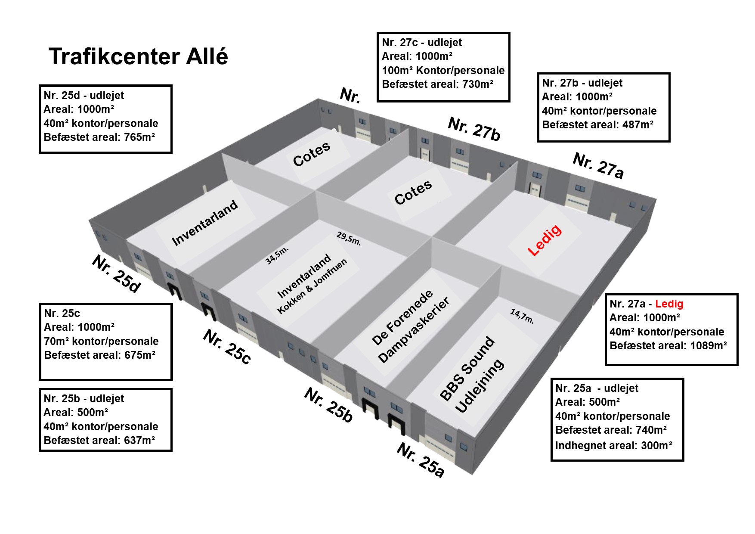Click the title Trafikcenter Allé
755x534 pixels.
(138, 56)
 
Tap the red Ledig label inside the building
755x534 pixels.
(545, 240)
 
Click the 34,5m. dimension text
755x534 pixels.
(276, 255)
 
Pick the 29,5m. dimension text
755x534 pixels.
(349, 238)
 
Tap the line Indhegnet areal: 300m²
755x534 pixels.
(613, 446)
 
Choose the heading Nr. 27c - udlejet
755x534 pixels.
(422, 43)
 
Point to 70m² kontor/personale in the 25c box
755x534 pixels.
(101, 342)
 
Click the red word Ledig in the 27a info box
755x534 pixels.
(669, 304)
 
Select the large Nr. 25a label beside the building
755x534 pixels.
(420, 460)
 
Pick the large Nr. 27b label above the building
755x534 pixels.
(474, 128)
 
